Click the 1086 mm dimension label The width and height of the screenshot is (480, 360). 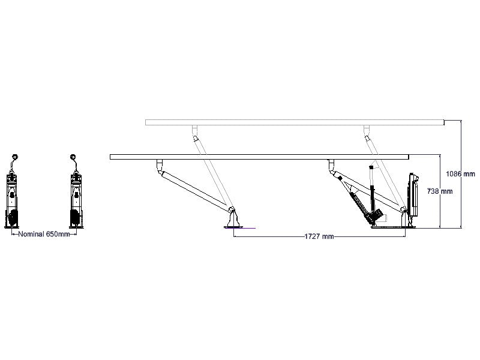click(460, 174)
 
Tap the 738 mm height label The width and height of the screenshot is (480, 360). click(440, 191)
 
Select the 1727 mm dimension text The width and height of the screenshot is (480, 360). click(319, 236)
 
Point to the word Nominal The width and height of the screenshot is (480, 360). click(31, 234)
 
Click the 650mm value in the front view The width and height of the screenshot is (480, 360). click(58, 234)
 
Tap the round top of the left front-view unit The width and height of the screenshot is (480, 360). click(15, 157)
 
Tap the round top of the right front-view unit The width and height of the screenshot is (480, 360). click(73, 157)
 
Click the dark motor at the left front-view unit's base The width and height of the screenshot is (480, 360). click(13, 217)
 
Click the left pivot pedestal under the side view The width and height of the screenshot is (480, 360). click(233, 218)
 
